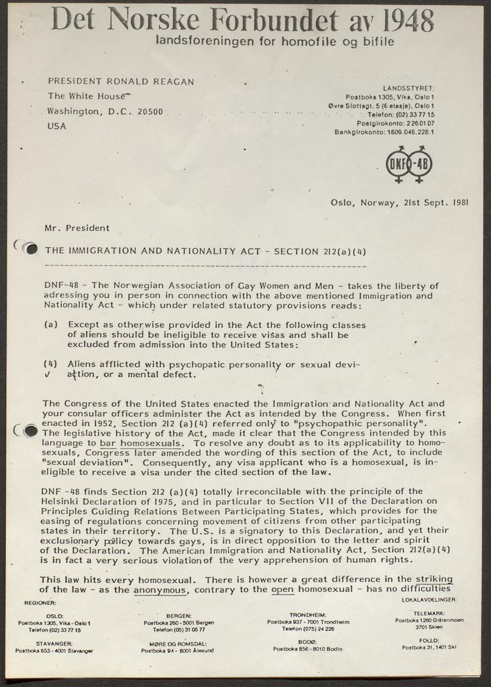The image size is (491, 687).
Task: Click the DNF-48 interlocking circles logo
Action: (x=408, y=164)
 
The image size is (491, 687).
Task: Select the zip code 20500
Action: (x=150, y=111)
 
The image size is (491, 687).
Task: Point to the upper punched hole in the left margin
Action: (x=30, y=248)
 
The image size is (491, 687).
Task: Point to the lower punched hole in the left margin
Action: (x=30, y=431)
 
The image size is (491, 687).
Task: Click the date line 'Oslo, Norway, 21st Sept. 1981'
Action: (x=399, y=201)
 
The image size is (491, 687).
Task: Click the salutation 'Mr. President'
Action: (x=76, y=228)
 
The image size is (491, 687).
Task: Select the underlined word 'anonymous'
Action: (x=160, y=590)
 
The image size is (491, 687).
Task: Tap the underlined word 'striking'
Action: (x=434, y=578)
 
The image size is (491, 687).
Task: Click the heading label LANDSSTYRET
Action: (x=408, y=88)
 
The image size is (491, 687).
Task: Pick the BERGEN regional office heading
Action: (x=178, y=615)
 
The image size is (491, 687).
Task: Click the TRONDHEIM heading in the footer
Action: (x=307, y=615)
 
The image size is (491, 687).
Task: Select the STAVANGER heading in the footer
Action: (x=54, y=642)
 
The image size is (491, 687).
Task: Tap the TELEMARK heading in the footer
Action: (x=429, y=613)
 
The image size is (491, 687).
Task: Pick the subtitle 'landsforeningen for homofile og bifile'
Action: (x=274, y=41)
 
